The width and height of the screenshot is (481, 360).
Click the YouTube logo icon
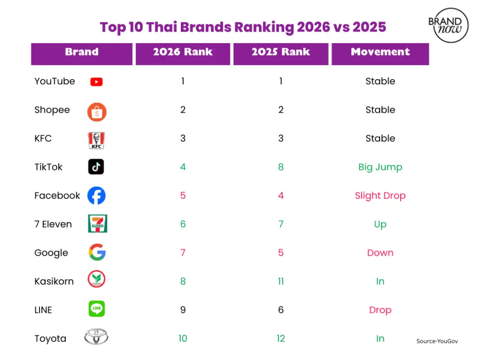96,82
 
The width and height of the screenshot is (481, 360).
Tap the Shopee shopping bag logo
97,112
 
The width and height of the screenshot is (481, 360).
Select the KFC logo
96,140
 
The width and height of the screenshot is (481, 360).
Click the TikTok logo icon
96,167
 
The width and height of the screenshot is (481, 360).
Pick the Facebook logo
96,196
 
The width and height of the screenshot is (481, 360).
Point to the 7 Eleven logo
97,224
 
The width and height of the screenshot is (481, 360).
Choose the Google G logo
97,252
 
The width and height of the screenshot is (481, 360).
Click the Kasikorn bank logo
96,280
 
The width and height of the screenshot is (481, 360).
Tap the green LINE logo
96,309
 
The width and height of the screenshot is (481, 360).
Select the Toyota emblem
96,337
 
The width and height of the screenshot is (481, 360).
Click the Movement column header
380,52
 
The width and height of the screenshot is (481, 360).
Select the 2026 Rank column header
183,52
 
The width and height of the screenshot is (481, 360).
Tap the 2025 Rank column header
281,52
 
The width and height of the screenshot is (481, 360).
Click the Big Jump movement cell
380,167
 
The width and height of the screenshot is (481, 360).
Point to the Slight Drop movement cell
380,196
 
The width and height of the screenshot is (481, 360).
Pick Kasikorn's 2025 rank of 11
281,281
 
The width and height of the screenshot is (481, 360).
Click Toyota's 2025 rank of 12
281,338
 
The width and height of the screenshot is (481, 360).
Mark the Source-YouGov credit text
437,341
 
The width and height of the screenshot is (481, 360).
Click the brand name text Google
51,253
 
